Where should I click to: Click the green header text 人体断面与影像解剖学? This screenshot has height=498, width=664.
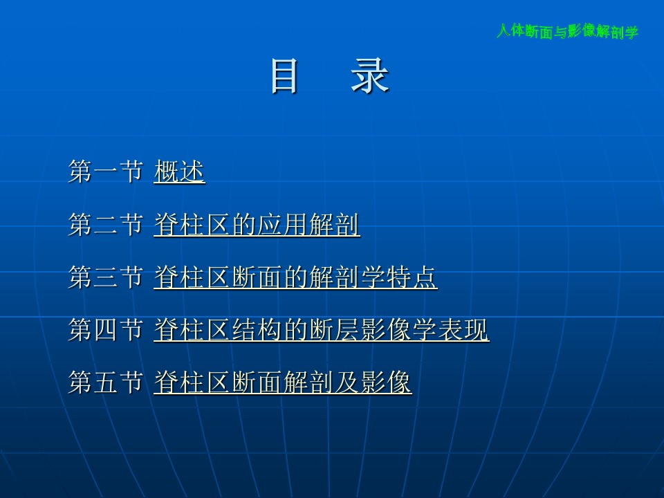click(567, 31)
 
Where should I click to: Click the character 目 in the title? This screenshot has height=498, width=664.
click(284, 76)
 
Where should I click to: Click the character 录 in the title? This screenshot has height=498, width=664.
click(369, 76)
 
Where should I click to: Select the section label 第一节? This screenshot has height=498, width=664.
click(105, 172)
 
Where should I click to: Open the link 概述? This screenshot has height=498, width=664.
click(180, 172)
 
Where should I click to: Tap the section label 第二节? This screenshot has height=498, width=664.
click(105, 224)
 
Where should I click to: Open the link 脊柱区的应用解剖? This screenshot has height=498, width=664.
click(257, 224)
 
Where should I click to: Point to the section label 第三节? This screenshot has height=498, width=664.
click(105, 277)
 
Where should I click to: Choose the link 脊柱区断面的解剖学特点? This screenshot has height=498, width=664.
click(295, 277)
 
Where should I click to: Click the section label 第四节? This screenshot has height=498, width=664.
click(105, 330)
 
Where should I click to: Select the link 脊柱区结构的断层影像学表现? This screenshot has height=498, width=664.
click(322, 330)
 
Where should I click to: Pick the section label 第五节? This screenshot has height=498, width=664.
click(105, 382)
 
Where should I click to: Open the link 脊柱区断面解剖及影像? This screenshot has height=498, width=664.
click(283, 382)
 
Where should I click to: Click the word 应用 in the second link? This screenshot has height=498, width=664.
click(283, 224)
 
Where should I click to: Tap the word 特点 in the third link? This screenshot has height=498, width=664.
click(412, 277)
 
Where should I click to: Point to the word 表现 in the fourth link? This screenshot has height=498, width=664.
click(463, 330)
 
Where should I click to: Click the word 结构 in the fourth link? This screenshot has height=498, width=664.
click(257, 330)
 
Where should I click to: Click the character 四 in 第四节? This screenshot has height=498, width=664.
click(105, 330)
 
